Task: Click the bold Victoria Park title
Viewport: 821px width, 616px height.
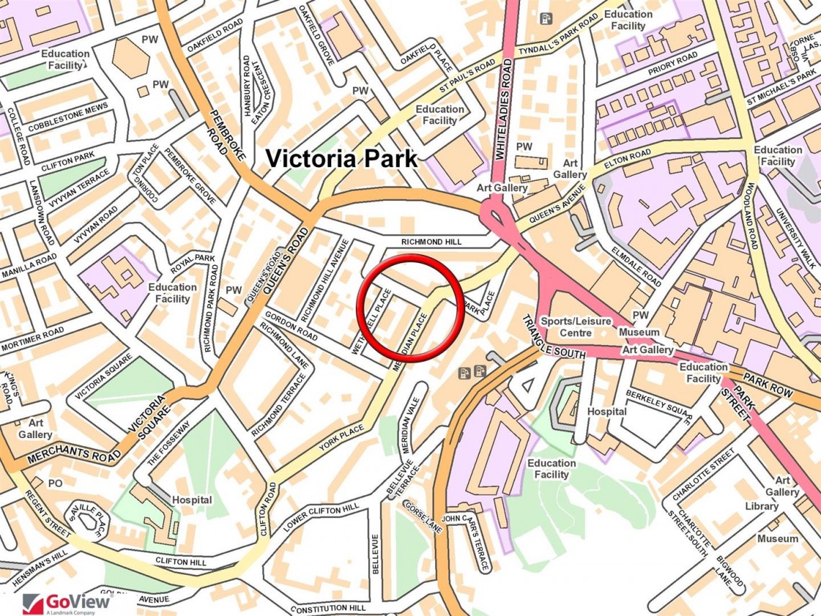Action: pos(342,159)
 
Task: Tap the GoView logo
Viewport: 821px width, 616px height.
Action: pos(68,602)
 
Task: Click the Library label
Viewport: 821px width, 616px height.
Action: pos(761,506)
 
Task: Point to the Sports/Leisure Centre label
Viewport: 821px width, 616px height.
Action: pos(576,326)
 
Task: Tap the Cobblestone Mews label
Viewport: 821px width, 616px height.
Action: pos(68,119)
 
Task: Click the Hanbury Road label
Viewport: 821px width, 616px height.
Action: pos(247,86)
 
